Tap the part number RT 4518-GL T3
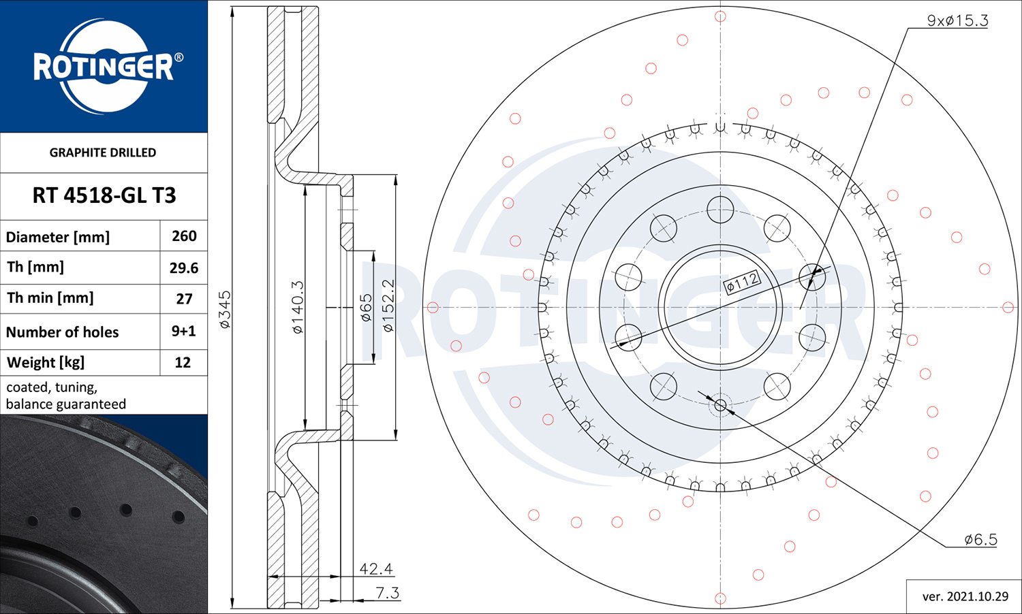[x=104, y=195]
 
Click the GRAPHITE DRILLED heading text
[x=103, y=152]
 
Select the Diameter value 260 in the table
[x=184, y=236]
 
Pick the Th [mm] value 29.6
[x=184, y=268]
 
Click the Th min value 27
[x=185, y=299]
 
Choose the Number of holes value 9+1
[x=183, y=331]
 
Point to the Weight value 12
[x=183, y=362]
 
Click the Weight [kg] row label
[x=46, y=362]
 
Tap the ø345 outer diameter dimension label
[x=226, y=310]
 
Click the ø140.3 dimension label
[x=298, y=307]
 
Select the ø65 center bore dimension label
[x=367, y=308]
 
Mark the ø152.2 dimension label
[x=388, y=306]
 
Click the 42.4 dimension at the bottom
[x=376, y=568]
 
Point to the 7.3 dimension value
[x=388, y=593]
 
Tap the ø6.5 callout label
[x=981, y=539]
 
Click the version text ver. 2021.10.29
[x=965, y=596]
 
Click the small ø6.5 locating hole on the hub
[x=720, y=404]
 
